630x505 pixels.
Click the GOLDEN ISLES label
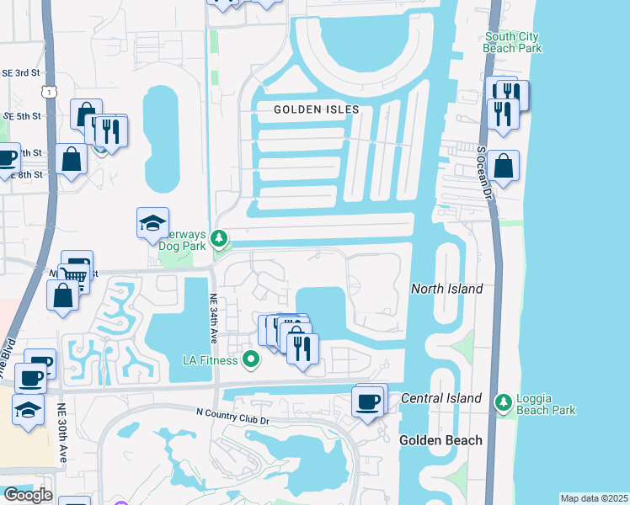[316, 109]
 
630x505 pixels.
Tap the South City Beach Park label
[513, 43]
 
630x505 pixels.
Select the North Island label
[446, 289]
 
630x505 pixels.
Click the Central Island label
[441, 398]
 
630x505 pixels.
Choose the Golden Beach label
[440, 440]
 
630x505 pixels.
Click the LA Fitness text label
[211, 360]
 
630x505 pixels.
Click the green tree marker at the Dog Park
[219, 240]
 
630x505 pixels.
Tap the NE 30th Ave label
[62, 433]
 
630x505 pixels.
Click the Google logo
[28, 495]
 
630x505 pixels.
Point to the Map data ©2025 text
[594, 498]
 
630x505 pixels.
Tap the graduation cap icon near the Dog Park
[152, 223]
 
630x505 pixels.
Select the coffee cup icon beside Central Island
[367, 401]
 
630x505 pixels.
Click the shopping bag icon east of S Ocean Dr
[503, 166]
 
